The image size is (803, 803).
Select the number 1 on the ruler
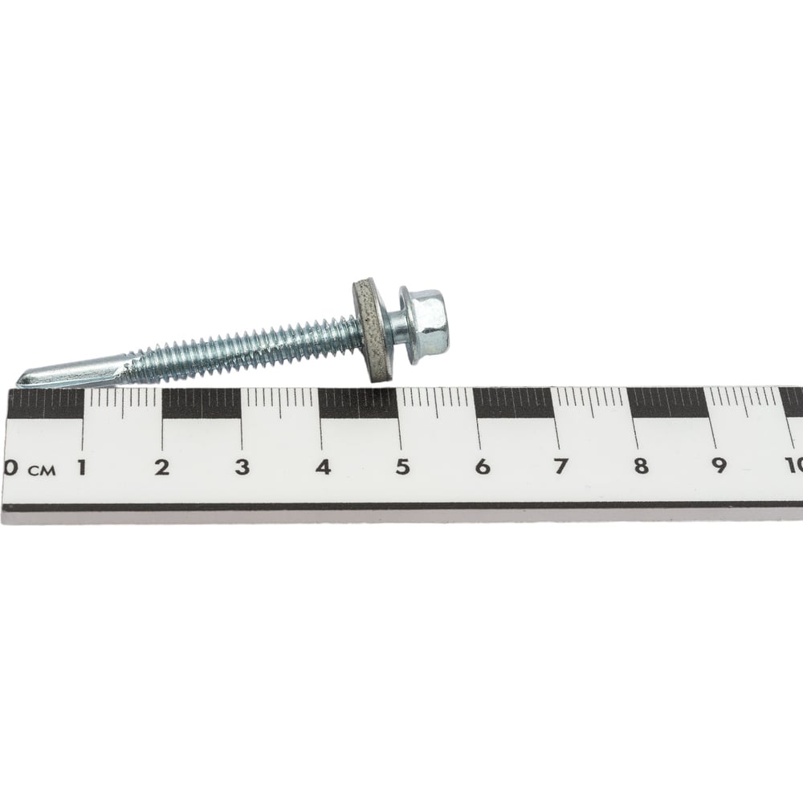click(81, 467)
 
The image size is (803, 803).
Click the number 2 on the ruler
click(162, 467)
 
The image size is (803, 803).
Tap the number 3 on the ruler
click(243, 467)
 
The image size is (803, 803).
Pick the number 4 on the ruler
click(323, 467)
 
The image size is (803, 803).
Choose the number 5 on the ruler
click(403, 466)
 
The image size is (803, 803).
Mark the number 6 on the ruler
click(483, 466)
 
